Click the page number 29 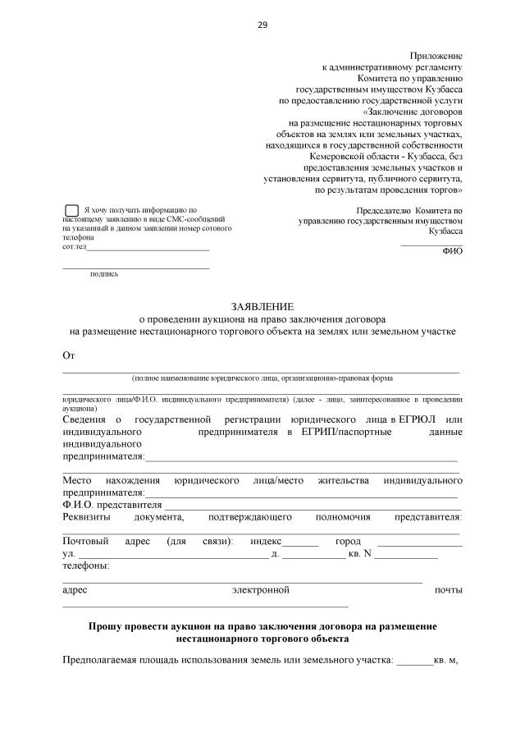pyautogui.click(x=262, y=25)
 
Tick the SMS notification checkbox pyautogui.click(x=71, y=212)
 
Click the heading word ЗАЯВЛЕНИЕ pyautogui.click(x=262, y=306)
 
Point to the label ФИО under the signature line pyautogui.click(x=452, y=252)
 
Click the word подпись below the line pyautogui.click(x=104, y=274)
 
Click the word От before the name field pyautogui.click(x=69, y=355)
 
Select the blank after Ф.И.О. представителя pyautogui.click(x=312, y=506)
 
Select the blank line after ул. pyautogui.click(x=172, y=556)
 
